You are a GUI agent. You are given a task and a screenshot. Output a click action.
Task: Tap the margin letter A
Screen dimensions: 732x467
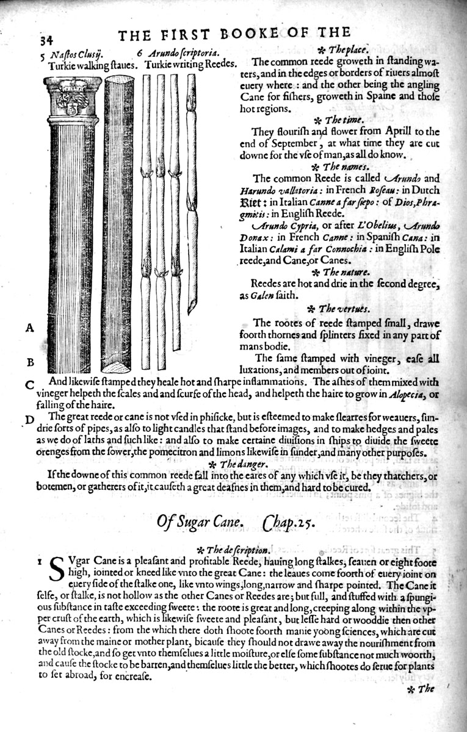(29, 328)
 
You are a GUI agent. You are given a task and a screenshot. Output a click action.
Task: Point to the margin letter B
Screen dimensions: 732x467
(29, 362)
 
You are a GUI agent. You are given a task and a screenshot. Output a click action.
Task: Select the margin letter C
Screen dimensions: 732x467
(29, 385)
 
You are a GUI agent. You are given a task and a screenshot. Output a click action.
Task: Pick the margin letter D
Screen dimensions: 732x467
(29, 419)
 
